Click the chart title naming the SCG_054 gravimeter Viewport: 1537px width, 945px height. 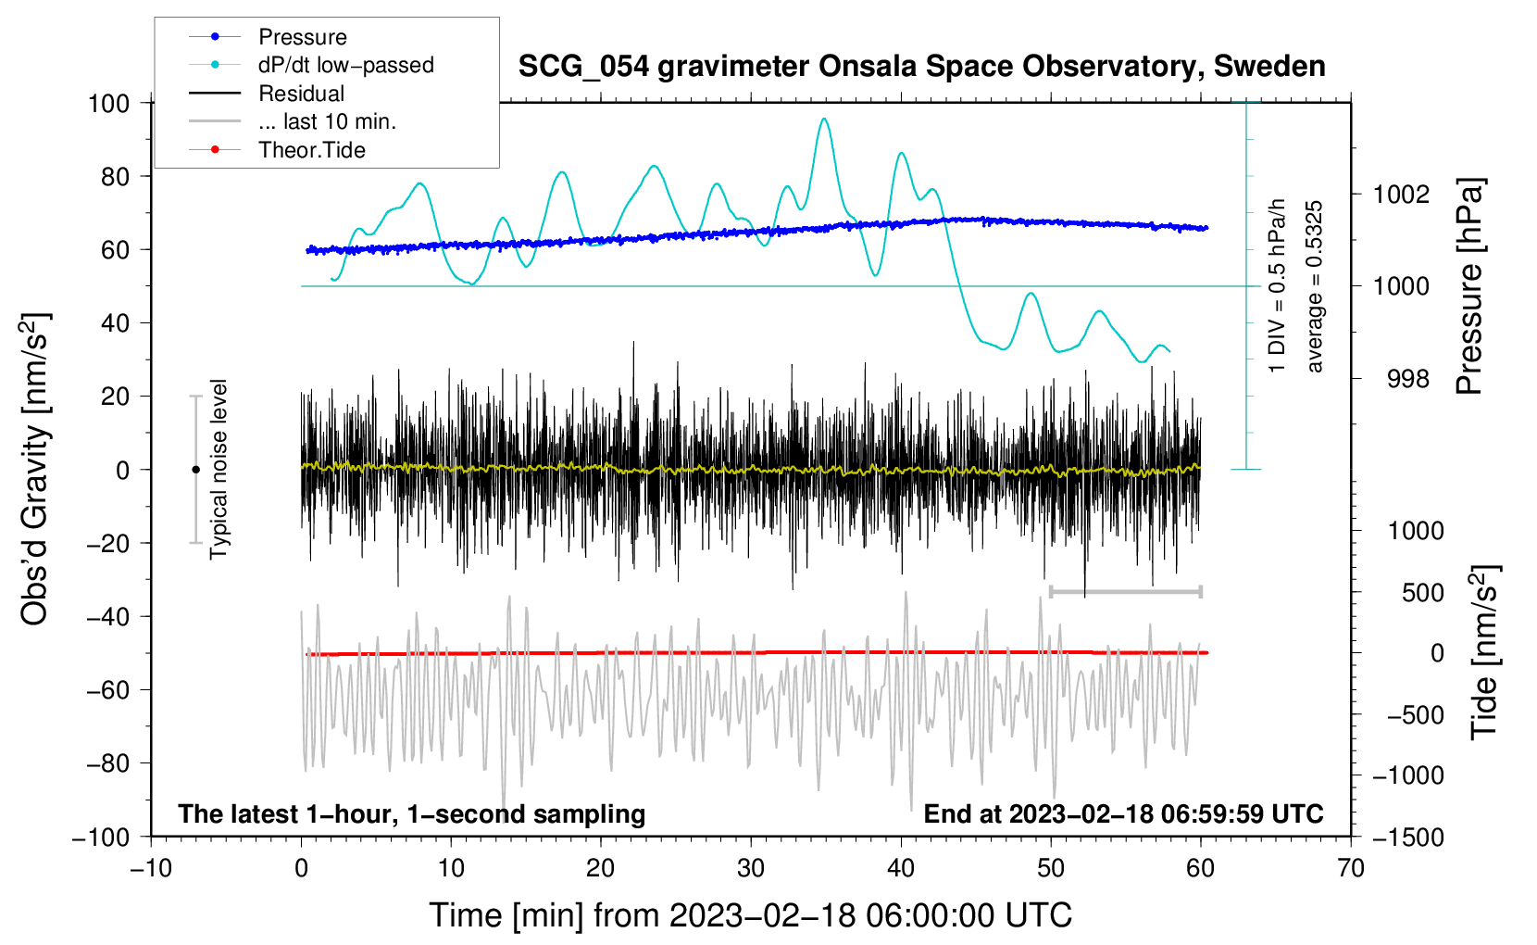click(921, 67)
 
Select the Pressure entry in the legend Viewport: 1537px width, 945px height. click(302, 37)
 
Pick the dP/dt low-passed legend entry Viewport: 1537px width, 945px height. click(345, 65)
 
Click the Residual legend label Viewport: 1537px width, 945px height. click(301, 94)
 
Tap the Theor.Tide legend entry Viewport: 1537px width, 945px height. click(311, 150)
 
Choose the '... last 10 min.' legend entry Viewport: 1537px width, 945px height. click(327, 121)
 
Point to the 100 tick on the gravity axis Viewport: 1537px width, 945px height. click(108, 103)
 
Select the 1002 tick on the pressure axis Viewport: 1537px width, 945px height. click(1401, 195)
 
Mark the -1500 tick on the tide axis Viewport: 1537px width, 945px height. click(1408, 837)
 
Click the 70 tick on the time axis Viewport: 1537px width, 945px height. click(1351, 868)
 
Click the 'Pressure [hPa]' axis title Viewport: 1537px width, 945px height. click(1469, 286)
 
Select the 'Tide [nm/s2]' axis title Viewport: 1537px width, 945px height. click(1484, 652)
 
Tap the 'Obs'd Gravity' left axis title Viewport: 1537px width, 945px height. click(35, 470)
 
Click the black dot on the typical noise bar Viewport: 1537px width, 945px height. click(195, 470)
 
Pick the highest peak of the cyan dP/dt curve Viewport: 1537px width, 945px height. click(824, 119)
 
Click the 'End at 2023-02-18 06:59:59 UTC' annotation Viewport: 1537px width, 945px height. click(1123, 813)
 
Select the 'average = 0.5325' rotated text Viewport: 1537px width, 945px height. click(1315, 286)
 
